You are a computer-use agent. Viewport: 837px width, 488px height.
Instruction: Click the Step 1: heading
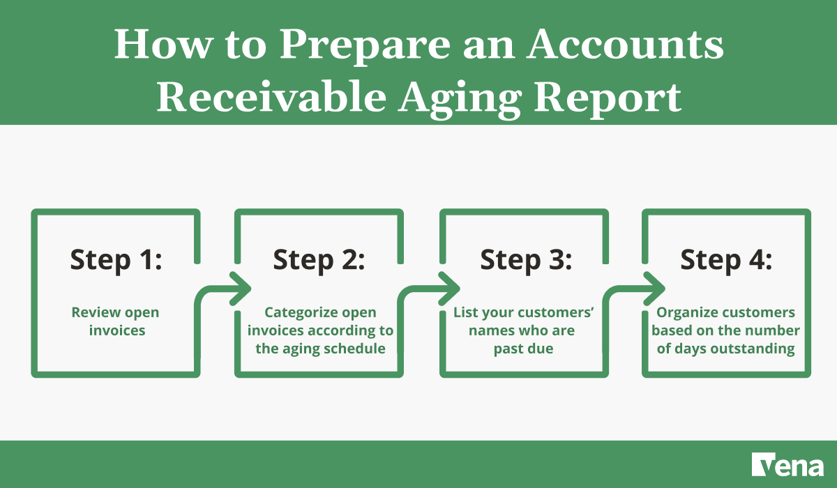116,260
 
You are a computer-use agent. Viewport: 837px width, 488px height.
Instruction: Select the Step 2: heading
319,260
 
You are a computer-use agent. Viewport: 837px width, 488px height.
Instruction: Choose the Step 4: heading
726,260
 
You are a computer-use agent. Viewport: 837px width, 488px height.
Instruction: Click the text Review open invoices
116,321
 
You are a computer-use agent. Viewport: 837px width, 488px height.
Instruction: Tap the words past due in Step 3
523,348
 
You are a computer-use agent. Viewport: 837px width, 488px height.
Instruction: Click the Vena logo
787,465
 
